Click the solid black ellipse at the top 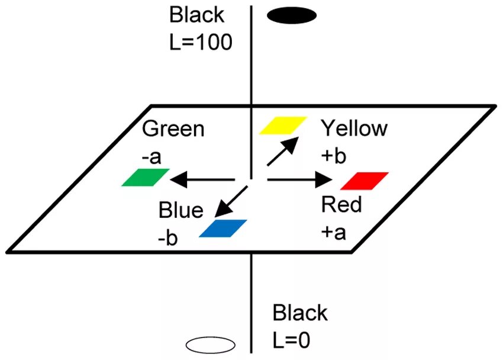point(292,16)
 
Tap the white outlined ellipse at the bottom point(211,344)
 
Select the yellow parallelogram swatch point(283,126)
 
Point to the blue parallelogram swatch point(223,229)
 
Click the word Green point(173,130)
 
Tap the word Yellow point(354,128)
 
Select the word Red point(341,205)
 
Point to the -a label point(153,157)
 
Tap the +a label point(334,232)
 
